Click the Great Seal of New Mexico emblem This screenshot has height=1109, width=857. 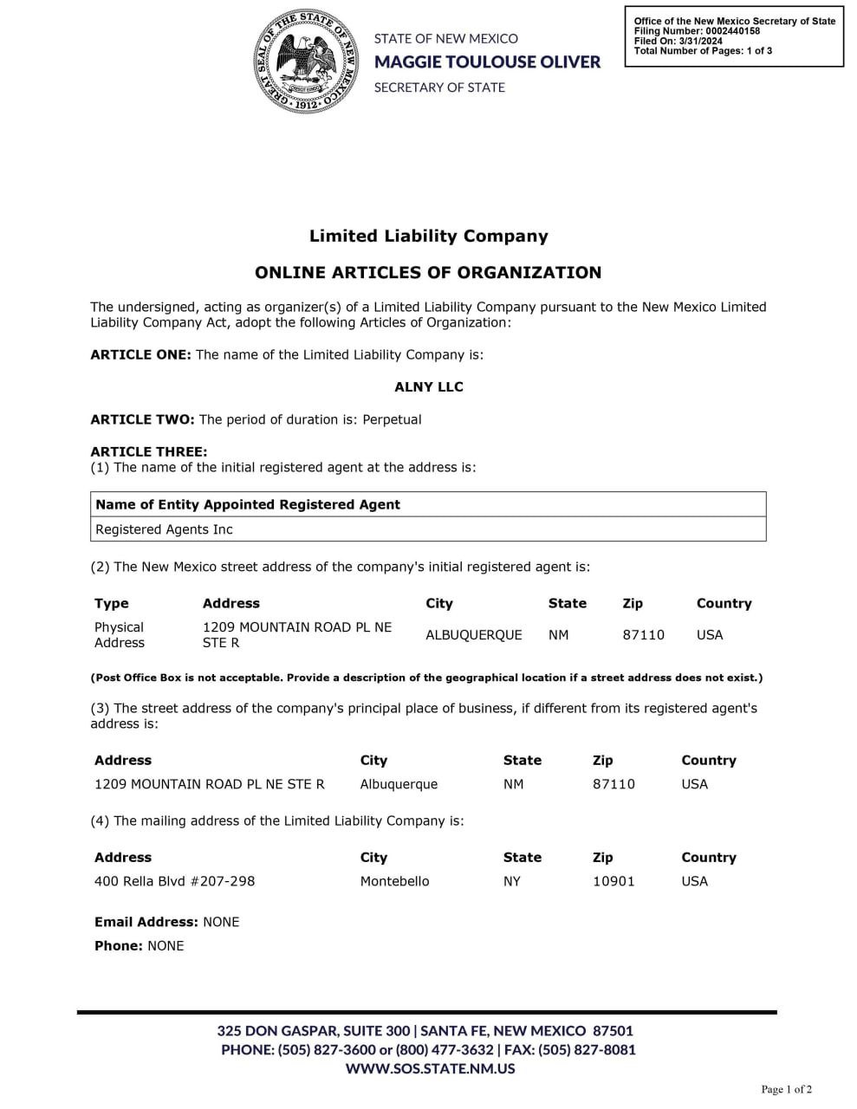[x=305, y=61]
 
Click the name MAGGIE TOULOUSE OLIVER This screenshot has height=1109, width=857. [x=487, y=62]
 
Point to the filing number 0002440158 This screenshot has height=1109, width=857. [x=735, y=31]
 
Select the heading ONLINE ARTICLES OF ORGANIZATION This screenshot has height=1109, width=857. [x=428, y=272]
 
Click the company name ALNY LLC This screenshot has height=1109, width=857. [x=429, y=387]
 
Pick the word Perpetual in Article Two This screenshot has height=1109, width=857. [x=392, y=419]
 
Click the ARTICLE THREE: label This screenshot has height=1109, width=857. [x=149, y=451]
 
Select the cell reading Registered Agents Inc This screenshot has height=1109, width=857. [x=164, y=529]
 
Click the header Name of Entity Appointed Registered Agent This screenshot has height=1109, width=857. [x=248, y=504]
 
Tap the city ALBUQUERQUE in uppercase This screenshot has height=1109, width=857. [x=473, y=635]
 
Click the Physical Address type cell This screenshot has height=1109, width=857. [x=120, y=635]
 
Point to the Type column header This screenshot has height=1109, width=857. [x=112, y=603]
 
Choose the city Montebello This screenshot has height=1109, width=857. [x=394, y=881]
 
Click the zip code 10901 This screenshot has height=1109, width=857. [x=614, y=881]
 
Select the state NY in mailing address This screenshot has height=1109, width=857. [x=512, y=881]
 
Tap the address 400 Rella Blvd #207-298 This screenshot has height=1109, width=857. [x=175, y=881]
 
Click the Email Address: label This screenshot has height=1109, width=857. [x=146, y=922]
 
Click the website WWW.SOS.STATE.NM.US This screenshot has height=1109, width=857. [x=430, y=1068]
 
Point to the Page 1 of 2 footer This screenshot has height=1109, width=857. [x=786, y=1089]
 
